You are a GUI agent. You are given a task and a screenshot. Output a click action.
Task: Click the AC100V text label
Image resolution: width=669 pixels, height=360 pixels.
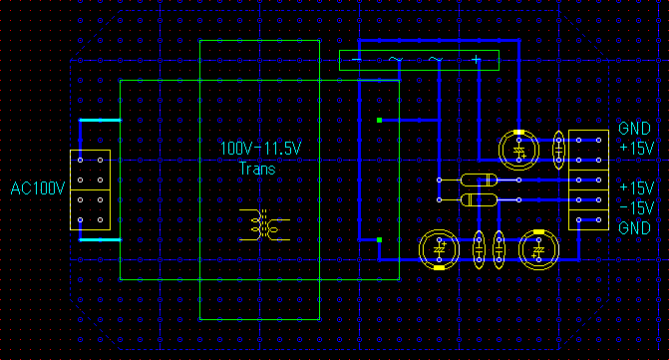[38, 188]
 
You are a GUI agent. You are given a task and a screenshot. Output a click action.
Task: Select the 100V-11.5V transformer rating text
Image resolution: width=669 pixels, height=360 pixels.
[260, 149]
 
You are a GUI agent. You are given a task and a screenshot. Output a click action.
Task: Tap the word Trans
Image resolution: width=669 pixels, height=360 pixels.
[257, 169]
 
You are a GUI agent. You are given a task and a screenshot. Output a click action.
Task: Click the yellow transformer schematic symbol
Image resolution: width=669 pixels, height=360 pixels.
[264, 224]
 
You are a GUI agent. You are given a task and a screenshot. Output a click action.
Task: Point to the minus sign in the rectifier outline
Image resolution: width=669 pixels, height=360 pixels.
[357, 60]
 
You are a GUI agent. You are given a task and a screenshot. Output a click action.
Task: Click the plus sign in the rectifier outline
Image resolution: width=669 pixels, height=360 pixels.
[477, 60]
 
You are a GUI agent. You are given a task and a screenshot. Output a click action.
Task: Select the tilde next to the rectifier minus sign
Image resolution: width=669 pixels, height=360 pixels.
[396, 59]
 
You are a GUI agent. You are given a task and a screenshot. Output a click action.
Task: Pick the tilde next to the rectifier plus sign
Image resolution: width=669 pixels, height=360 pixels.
[436, 59]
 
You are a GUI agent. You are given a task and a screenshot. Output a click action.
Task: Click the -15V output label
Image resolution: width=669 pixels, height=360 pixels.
[637, 208]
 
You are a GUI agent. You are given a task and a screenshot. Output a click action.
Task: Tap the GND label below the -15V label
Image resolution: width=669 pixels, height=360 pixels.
[634, 227]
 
